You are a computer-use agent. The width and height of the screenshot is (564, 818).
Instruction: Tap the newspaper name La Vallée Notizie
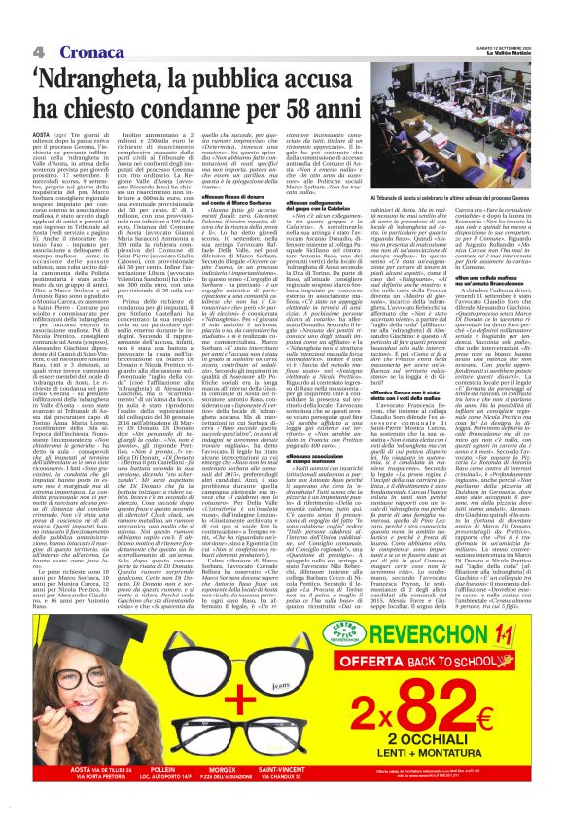click(x=510, y=51)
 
